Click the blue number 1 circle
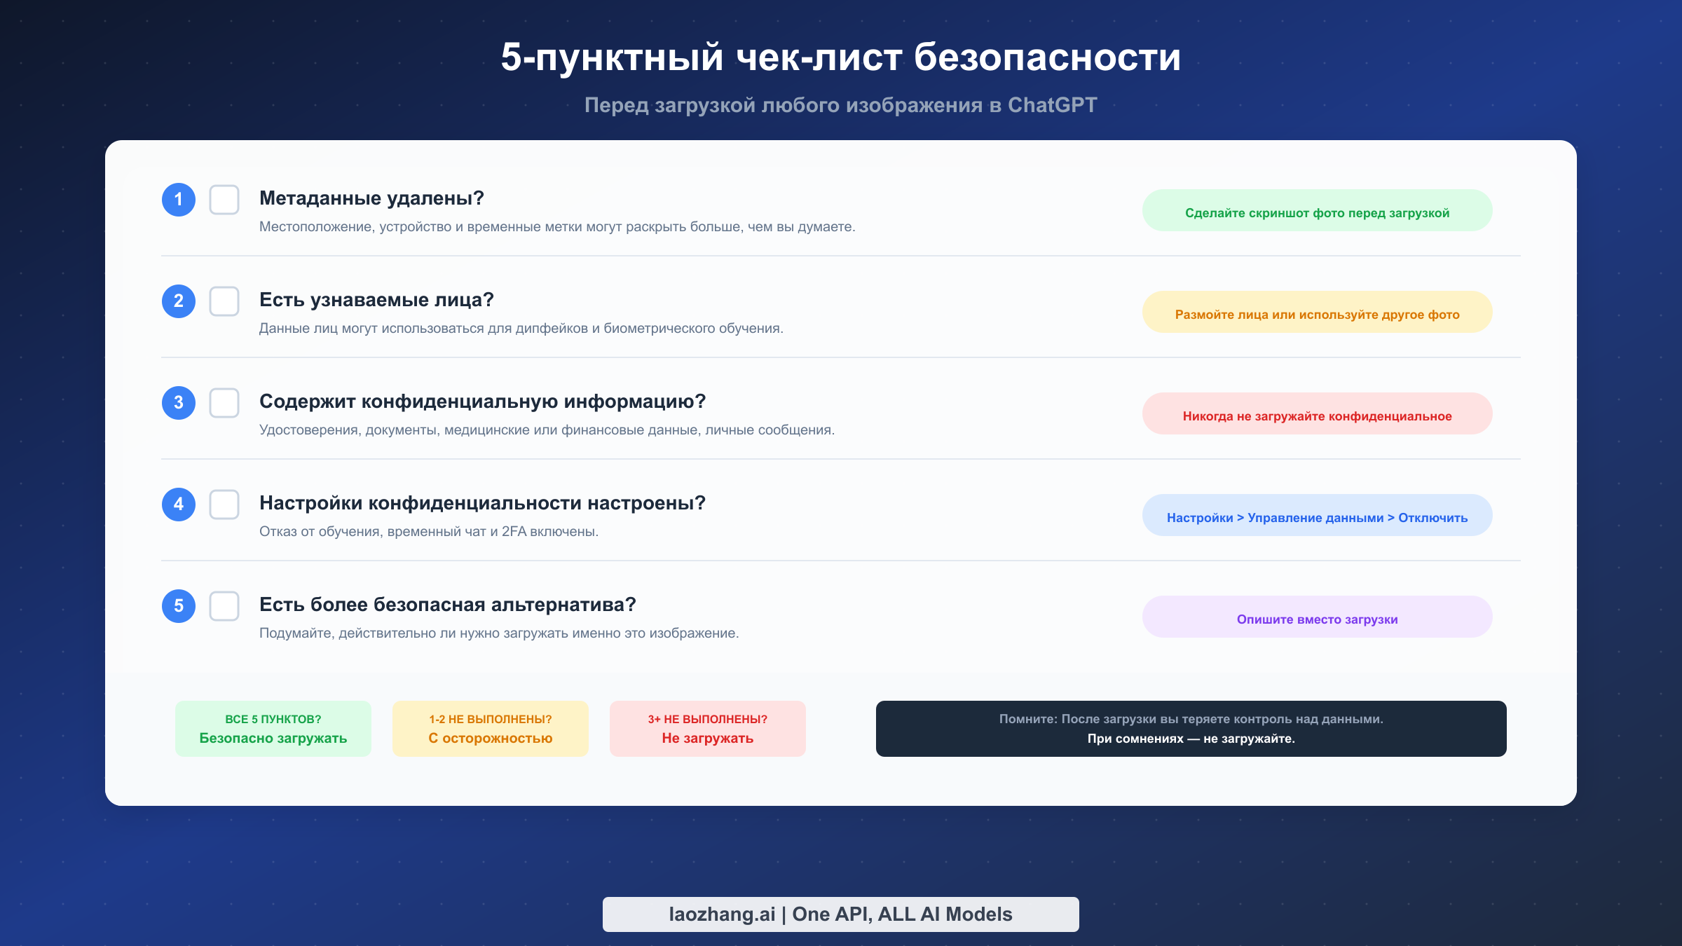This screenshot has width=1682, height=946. (179, 200)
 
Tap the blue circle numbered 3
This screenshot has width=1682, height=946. (179, 403)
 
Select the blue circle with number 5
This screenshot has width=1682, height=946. (179, 606)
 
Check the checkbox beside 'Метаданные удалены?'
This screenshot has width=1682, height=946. (224, 200)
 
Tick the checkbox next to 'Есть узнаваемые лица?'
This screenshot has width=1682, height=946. (224, 301)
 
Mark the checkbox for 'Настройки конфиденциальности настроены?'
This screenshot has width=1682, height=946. (224, 505)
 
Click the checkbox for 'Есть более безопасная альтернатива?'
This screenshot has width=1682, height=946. (224, 606)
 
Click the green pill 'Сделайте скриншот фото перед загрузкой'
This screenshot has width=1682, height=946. (1318, 210)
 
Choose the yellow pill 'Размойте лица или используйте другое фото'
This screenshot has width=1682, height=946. (1318, 312)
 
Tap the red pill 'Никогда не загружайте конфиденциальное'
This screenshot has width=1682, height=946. (1318, 413)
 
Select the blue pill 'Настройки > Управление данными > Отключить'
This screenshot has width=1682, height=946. (1318, 515)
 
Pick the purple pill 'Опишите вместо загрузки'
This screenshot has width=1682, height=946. (1318, 617)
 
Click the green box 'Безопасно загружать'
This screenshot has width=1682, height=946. (273, 729)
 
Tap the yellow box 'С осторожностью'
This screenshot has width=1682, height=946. (491, 729)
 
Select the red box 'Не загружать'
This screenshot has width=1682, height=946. (708, 729)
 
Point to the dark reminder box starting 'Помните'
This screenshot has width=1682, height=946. (1191, 729)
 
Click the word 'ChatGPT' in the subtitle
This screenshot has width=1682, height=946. (1052, 105)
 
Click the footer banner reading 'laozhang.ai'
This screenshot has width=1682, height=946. (841, 914)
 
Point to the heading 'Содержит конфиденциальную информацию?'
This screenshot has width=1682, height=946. (482, 402)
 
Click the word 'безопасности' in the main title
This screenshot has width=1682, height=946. (1047, 57)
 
